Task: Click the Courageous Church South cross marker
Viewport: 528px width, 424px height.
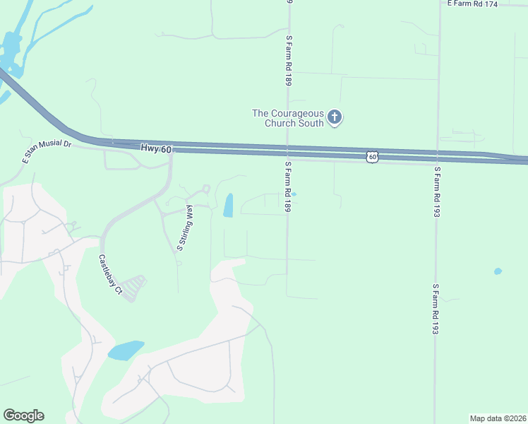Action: point(335,117)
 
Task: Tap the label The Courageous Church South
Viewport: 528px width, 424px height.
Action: point(288,118)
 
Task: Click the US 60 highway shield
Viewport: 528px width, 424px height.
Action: point(372,157)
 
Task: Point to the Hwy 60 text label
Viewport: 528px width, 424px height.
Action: point(156,148)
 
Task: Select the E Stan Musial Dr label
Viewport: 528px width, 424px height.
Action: point(47,153)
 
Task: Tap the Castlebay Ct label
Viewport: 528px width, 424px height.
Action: point(110,275)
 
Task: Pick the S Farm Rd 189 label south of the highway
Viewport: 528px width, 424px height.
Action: point(288,187)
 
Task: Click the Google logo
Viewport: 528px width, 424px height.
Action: point(23,416)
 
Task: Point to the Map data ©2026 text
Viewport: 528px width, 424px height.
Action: point(498,418)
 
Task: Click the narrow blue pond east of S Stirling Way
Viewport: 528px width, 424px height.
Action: point(229,205)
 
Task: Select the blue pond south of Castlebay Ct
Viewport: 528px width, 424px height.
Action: point(126,350)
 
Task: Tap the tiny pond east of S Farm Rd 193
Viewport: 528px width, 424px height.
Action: point(498,271)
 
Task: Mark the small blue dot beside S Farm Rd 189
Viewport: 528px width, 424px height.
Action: point(294,194)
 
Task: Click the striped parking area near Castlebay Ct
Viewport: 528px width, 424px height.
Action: point(134,288)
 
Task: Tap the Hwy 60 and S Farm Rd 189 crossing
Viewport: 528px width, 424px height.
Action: point(287,152)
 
